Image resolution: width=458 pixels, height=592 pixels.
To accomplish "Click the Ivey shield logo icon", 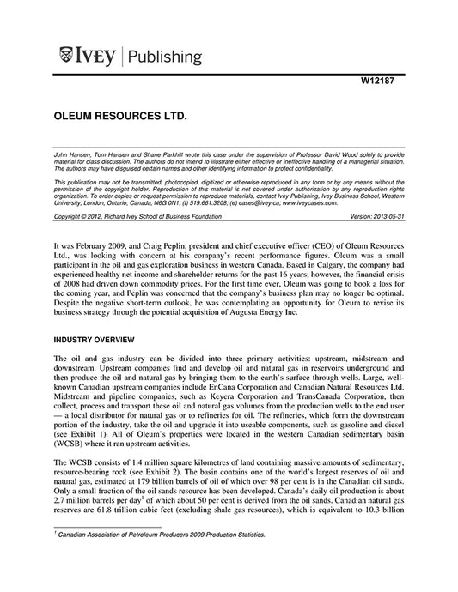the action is coord(66,57).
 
